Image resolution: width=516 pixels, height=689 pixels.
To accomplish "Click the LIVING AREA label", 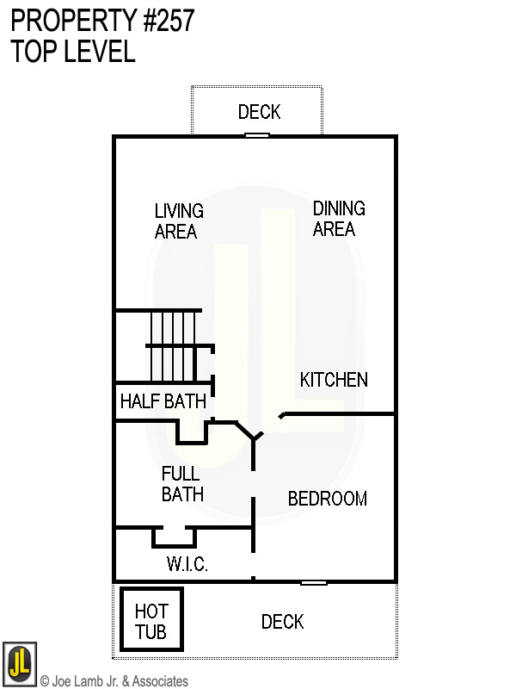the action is pos(179,221).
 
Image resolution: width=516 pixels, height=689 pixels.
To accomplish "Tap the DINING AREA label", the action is pos(339,219).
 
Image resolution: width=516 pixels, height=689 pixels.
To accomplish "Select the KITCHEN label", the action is pos(334,380).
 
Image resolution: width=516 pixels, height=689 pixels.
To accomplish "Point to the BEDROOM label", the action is pos(328,499).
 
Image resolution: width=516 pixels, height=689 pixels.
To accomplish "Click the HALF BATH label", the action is pos(163,401).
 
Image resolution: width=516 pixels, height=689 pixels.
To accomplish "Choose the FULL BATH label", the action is pos(182,484).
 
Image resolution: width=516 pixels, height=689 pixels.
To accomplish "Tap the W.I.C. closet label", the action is pos(187,564).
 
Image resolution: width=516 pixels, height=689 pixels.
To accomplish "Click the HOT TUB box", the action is pos(152,619).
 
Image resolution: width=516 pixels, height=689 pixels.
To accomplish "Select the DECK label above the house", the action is pos(260,112).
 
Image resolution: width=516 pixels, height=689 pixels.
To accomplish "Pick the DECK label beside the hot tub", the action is pos(283,622).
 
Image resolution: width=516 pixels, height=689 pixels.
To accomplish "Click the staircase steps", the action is pos(174,346).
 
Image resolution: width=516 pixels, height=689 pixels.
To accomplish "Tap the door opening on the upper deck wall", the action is pos(257,135).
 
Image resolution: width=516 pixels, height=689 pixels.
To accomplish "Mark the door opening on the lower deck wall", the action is pos(314,583).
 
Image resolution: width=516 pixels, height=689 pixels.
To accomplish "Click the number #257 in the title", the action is pos(169,21).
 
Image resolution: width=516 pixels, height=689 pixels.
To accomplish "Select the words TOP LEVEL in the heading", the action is pos(73,51).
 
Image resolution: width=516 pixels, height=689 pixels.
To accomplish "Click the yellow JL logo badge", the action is pos(19,663).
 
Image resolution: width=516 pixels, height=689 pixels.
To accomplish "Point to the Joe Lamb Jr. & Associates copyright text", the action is pos(114,681).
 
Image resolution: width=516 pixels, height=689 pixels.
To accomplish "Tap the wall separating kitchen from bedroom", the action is pos(337,414).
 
